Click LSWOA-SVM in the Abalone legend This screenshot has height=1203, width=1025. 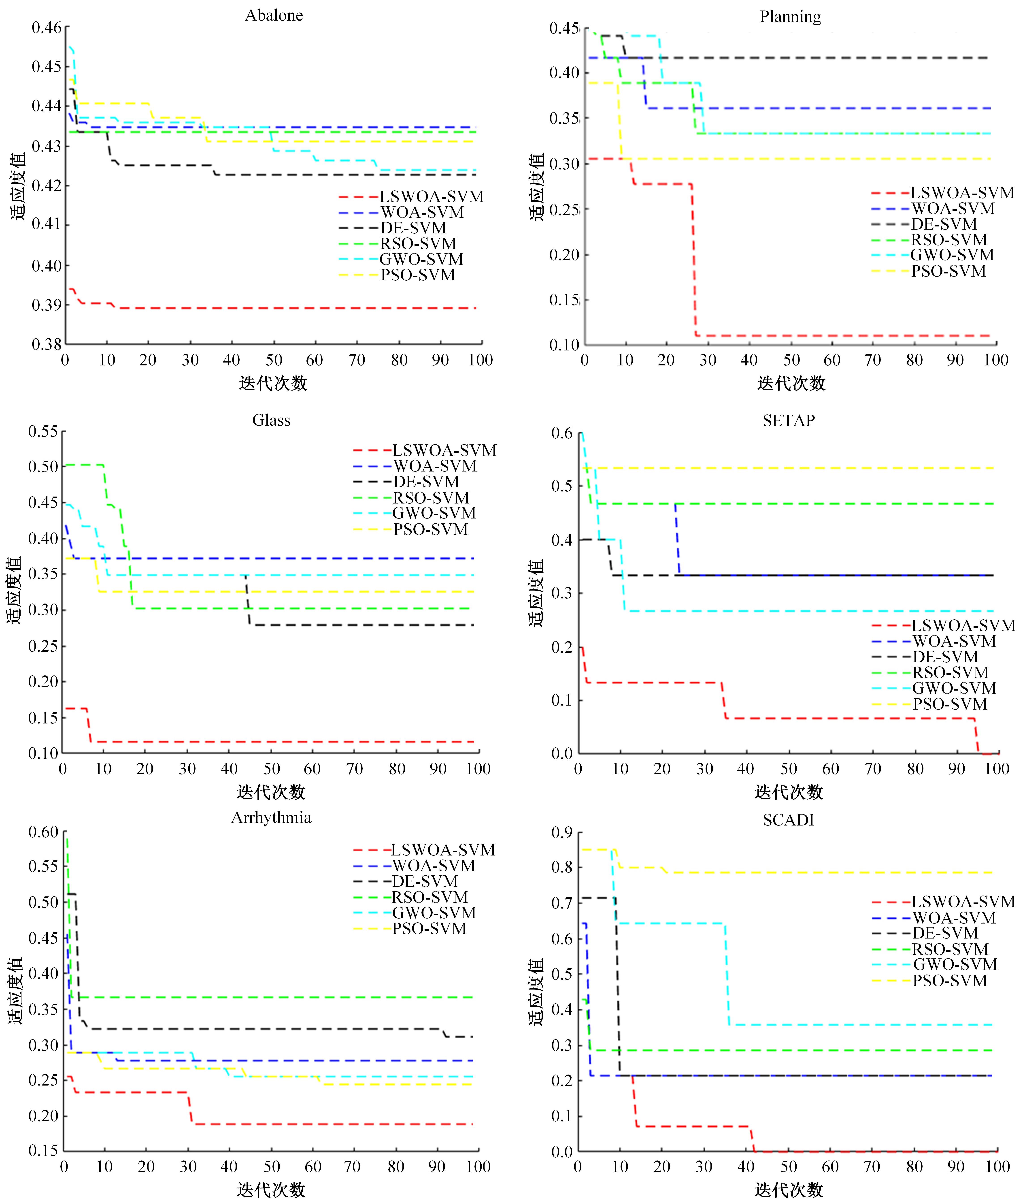click(431, 197)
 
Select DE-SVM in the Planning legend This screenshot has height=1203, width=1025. click(944, 224)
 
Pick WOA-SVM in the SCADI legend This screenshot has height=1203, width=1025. click(954, 918)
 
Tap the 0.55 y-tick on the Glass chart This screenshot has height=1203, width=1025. click(44, 431)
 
